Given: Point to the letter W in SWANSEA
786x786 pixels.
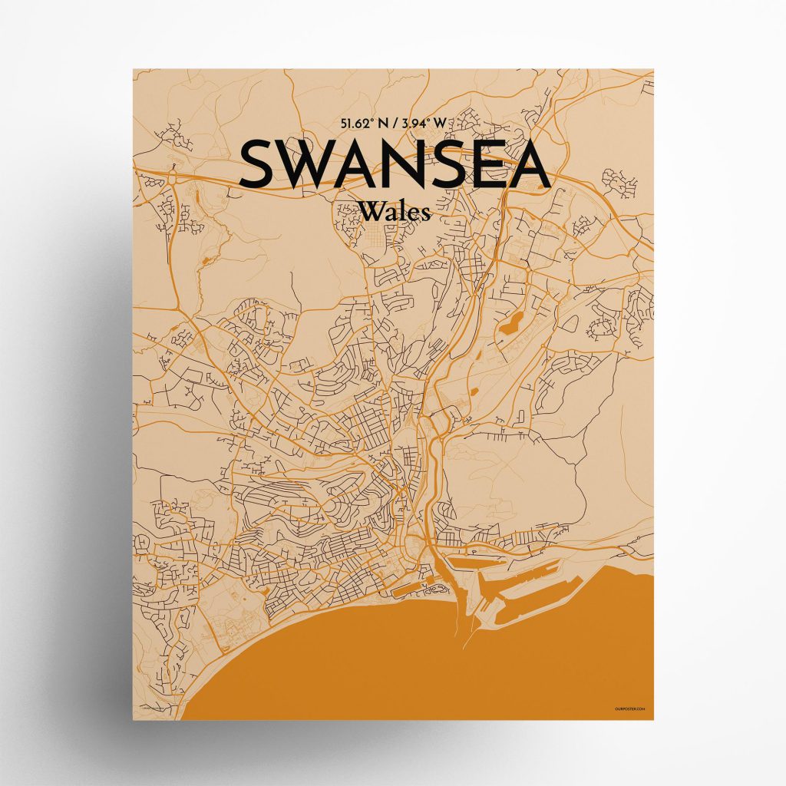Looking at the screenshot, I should click(x=304, y=164).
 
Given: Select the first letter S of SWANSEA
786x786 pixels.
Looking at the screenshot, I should click(x=257, y=164).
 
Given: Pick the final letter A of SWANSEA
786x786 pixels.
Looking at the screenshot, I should click(x=529, y=164).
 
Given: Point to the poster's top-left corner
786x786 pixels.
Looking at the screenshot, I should click(x=133, y=69).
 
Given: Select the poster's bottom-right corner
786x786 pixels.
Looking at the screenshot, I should click(x=654, y=720).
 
